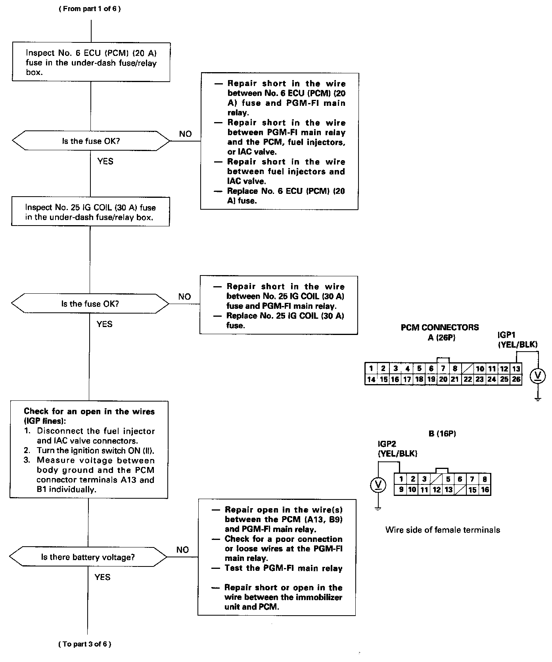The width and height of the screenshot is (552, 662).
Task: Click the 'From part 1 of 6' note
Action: (x=90, y=9)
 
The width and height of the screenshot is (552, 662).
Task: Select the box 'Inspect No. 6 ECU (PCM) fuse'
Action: (x=91, y=62)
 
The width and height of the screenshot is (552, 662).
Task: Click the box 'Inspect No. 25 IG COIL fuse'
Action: (x=90, y=212)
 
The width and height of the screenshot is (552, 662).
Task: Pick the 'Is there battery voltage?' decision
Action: (x=88, y=557)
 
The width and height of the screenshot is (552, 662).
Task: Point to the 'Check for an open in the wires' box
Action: (x=89, y=450)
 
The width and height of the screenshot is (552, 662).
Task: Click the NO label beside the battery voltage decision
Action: (x=182, y=549)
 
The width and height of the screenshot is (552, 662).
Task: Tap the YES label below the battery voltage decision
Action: (x=102, y=577)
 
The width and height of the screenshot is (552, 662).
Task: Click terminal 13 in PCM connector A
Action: (x=516, y=369)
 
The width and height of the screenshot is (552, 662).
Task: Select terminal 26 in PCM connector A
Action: (x=516, y=379)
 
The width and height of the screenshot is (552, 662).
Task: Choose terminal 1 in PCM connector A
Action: (x=371, y=369)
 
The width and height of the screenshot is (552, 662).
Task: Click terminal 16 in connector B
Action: (x=485, y=490)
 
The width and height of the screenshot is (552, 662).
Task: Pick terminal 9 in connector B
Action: (x=401, y=490)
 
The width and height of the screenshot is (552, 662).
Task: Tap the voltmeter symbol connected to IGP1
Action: (x=538, y=376)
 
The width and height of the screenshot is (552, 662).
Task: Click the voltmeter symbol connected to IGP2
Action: (x=378, y=485)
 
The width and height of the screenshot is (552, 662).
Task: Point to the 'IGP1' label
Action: (x=508, y=335)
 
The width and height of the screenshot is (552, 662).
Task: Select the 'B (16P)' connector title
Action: (x=442, y=434)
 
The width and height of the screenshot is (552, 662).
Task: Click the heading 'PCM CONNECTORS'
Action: (x=440, y=327)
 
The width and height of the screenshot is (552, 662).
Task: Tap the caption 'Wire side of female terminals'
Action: (x=443, y=530)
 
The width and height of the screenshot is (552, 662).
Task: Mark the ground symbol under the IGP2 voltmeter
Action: (x=378, y=508)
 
